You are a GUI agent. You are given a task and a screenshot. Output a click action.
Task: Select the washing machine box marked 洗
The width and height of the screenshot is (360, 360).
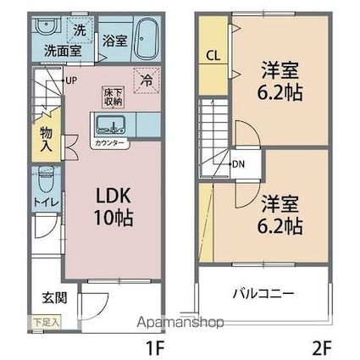pos(78,30)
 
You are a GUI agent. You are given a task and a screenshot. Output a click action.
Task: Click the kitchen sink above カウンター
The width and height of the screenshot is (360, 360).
pos(110,127)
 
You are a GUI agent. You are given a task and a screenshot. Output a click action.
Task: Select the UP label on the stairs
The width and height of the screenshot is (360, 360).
pos(71,80)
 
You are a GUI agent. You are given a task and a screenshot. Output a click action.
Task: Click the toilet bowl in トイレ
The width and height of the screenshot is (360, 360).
pos(46,180)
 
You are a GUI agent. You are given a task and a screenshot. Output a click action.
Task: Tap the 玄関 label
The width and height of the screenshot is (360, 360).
pos(53,298)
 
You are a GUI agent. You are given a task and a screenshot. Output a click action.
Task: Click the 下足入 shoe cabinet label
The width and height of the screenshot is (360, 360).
pos(47,323)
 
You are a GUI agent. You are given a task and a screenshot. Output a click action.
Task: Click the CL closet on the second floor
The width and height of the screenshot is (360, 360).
pos(213,57)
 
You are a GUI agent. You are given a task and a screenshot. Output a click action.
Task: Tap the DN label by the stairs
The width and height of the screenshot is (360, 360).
pos(240,164)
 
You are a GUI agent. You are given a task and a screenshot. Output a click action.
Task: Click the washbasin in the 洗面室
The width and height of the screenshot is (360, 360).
pos(46,27)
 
